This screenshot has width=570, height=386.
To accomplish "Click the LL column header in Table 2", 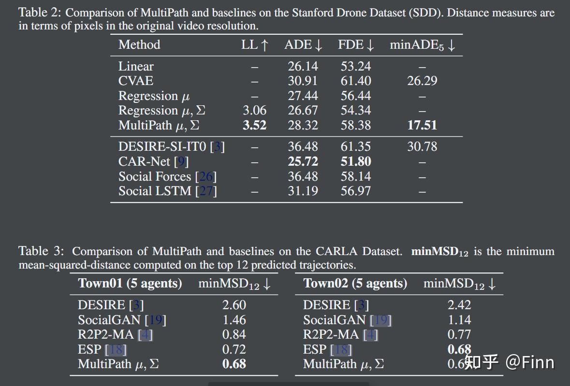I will coord(254,45).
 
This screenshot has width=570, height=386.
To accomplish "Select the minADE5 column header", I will coord(422,45).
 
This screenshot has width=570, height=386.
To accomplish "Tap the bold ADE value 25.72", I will coord(303,161).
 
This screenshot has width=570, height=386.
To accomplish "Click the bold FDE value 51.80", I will coord(356,161).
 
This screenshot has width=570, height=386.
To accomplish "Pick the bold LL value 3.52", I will coord(254,125).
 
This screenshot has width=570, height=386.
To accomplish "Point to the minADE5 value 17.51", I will coord(422,125).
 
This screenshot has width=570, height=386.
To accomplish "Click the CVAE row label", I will coord(136,81).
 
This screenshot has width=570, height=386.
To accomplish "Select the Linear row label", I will coord(136,66).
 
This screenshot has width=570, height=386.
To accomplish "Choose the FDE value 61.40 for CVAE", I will coord(356,81).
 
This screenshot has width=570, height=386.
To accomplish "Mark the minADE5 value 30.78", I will coord(422,146).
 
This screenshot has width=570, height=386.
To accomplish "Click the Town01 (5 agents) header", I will coord(130,283).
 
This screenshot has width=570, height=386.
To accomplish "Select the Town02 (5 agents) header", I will coord(355,283).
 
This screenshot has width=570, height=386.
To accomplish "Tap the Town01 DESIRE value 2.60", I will coord(234,305).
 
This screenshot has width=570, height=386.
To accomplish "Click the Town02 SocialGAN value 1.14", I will coord(459,320).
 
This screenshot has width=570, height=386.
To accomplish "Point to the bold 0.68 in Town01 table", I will coord(234,364).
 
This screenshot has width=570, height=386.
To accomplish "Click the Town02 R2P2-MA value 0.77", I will coord(459,334).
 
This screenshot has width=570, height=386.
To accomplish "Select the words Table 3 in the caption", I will coord(41,251).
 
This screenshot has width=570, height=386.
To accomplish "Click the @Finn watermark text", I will coord(530,362).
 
